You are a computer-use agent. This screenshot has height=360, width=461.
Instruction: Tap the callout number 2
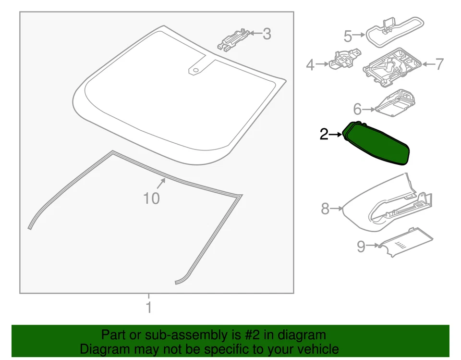click(x=324, y=135)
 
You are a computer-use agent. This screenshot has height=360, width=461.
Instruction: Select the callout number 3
click(x=267, y=34)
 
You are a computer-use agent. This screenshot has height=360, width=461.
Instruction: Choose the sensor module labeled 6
click(x=395, y=102)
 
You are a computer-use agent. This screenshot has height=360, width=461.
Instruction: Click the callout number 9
click(x=361, y=247)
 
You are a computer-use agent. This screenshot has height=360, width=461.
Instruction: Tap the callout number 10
click(x=151, y=198)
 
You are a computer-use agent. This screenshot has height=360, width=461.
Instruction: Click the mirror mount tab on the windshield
click(x=196, y=69)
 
